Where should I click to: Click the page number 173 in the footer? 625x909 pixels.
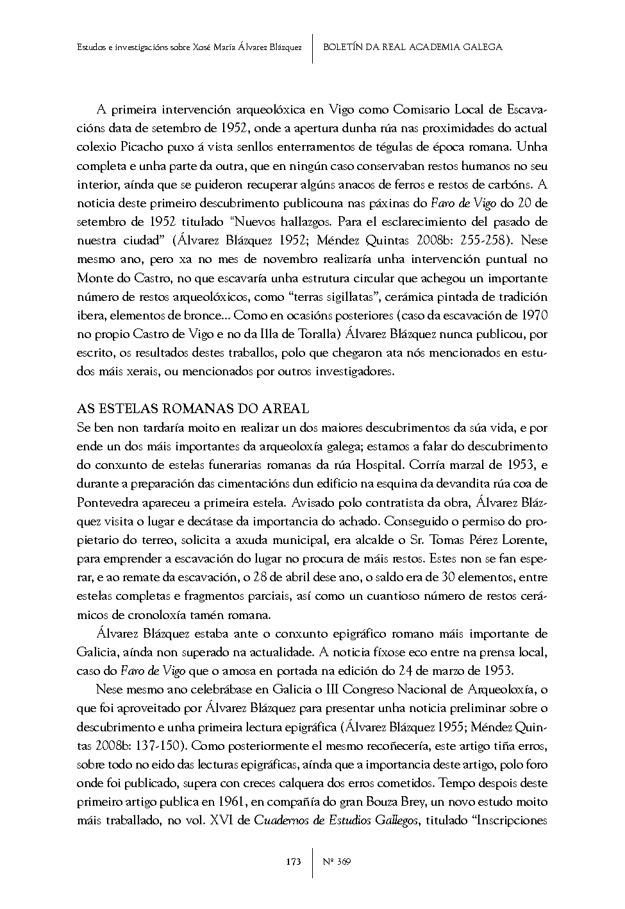point(294,861)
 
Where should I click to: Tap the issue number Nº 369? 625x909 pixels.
point(337,861)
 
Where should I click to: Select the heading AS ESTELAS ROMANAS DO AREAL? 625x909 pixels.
point(193,409)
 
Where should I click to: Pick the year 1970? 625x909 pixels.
point(534,315)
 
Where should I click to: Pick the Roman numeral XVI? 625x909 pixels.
point(222,820)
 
